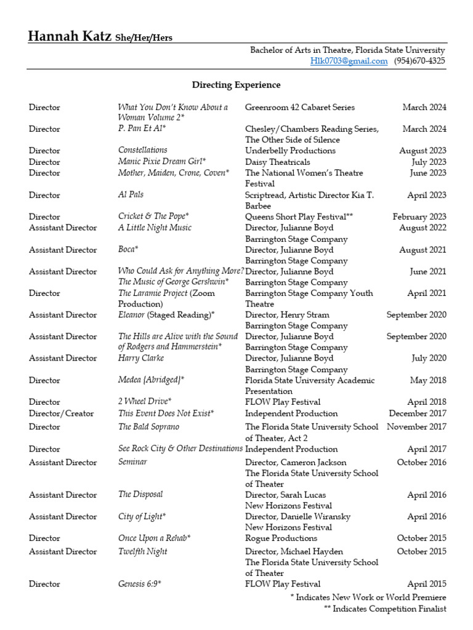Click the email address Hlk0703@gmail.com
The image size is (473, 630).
point(349,61)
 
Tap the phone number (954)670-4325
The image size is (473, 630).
point(420,61)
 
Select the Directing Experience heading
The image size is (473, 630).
point(236,85)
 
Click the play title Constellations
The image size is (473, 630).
point(142,150)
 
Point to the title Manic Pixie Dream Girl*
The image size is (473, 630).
point(162,162)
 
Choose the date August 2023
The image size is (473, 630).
point(422,151)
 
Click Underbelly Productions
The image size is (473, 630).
point(290,151)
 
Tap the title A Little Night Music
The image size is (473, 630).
point(155,228)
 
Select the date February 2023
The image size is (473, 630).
point(419,217)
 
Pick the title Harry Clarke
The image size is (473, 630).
point(142,358)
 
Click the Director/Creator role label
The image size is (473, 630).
point(61,413)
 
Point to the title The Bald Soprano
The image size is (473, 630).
point(148,426)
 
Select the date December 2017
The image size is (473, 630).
point(418,413)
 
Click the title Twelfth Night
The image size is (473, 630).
point(142,551)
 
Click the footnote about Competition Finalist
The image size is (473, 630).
point(385,608)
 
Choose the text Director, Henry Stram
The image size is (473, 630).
point(287,315)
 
